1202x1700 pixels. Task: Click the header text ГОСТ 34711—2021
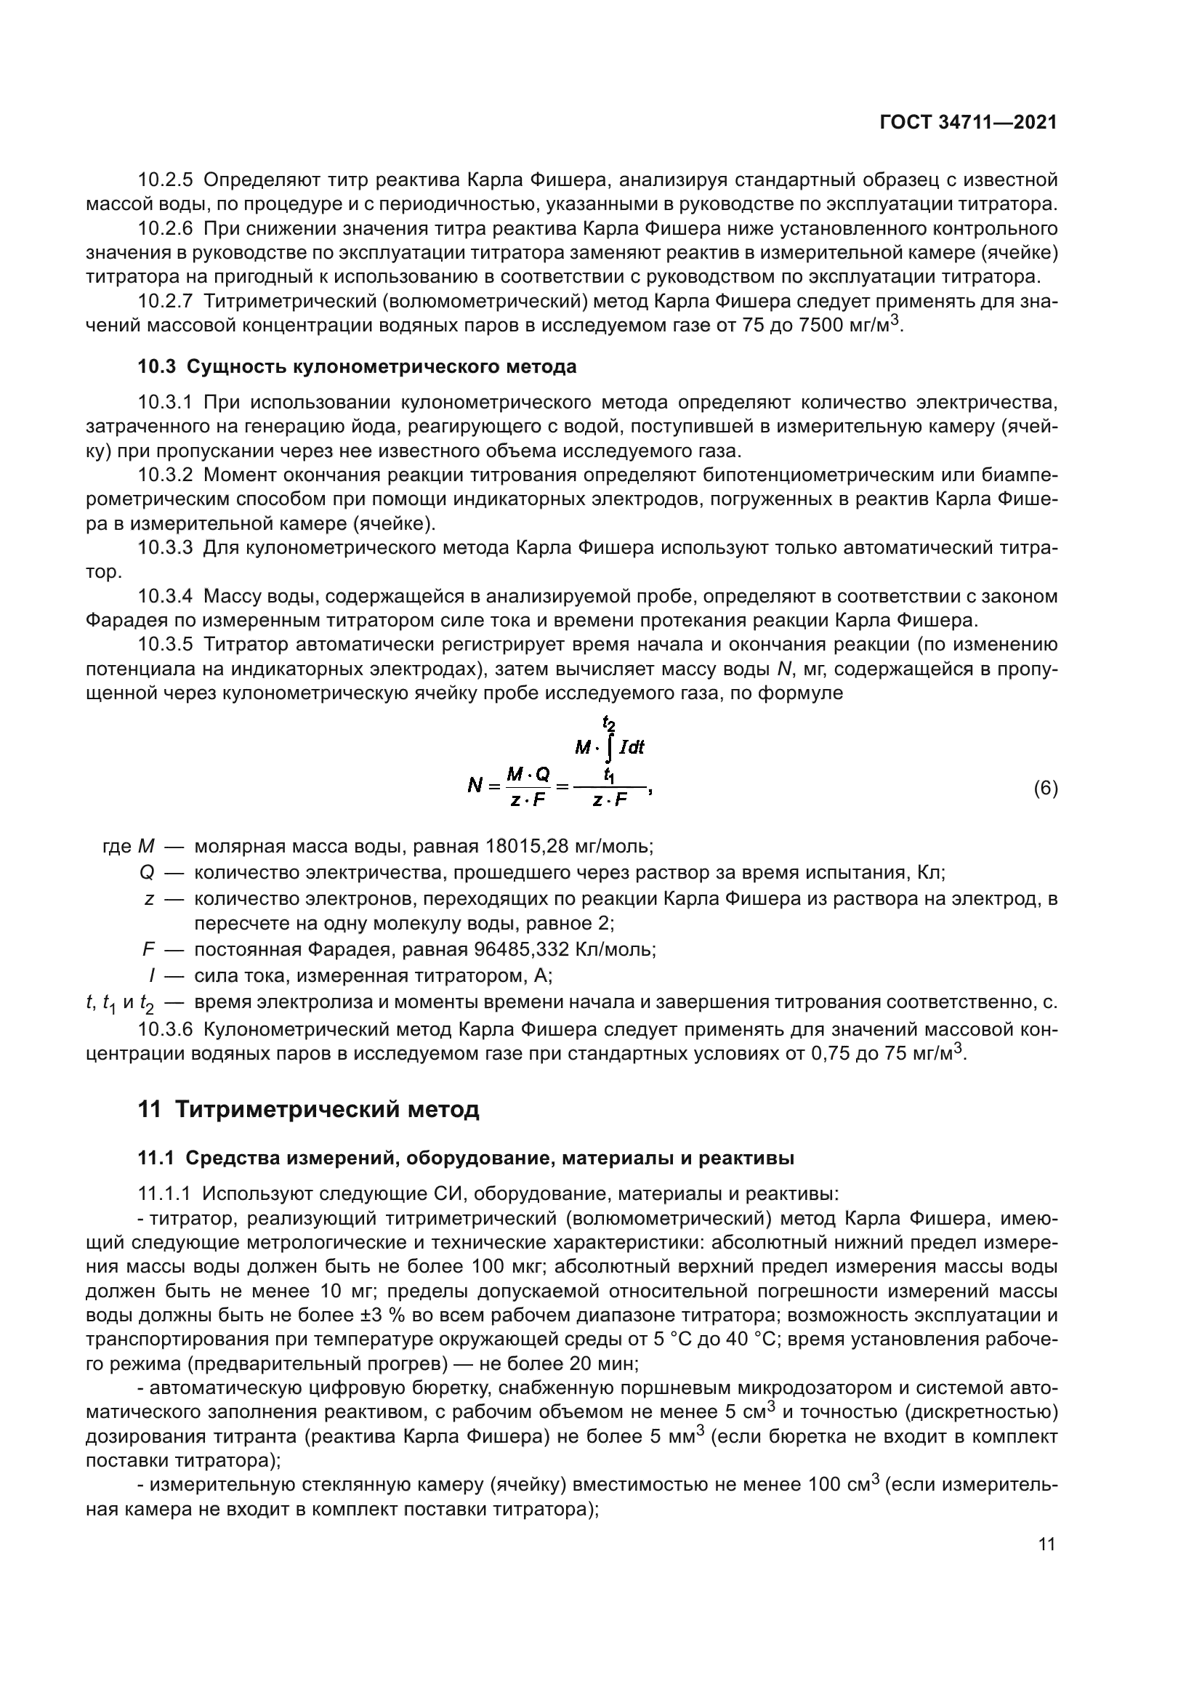click(968, 123)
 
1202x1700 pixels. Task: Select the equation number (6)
click(1045, 789)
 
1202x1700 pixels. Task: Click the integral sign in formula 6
click(608, 748)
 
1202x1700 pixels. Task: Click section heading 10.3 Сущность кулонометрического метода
click(357, 366)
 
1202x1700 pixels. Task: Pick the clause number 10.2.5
click(165, 180)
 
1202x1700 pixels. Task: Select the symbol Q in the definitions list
click(147, 873)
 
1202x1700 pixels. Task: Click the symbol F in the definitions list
click(148, 950)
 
